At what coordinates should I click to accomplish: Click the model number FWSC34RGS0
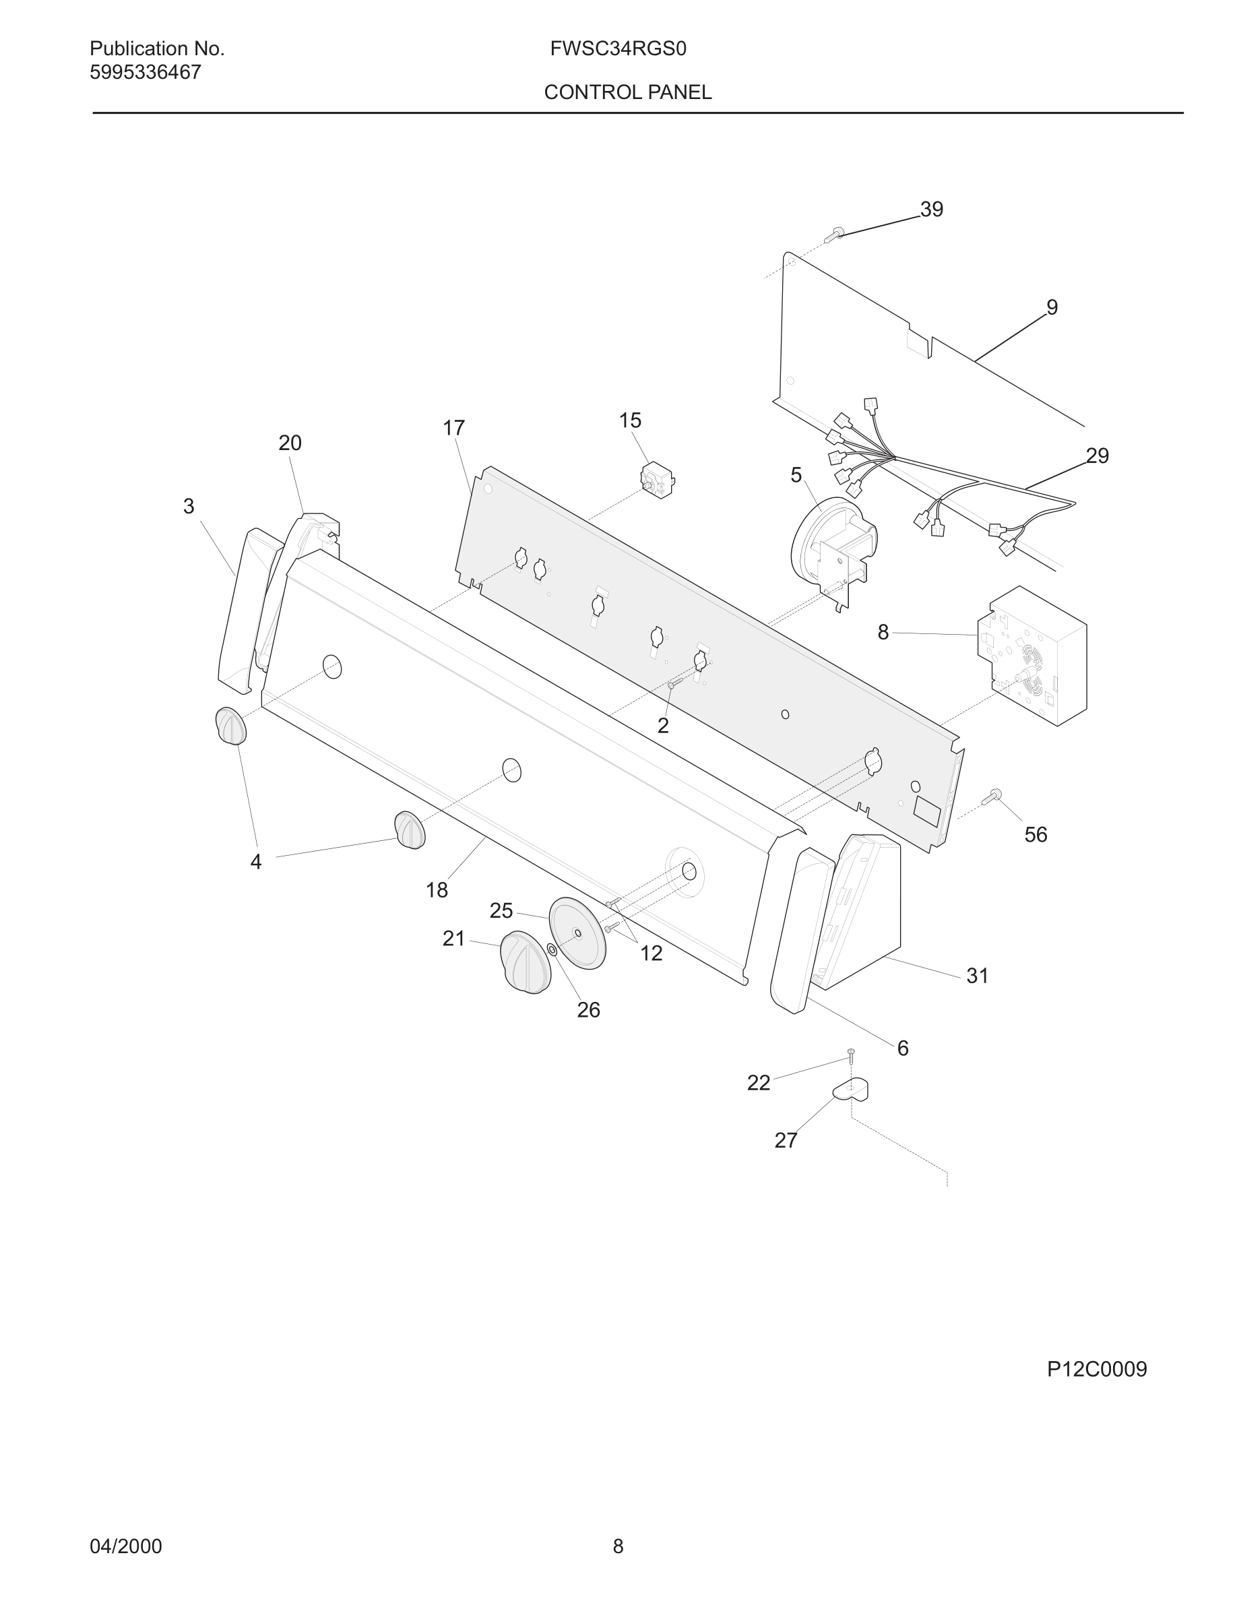click(x=618, y=49)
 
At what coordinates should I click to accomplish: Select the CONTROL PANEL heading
click(x=627, y=92)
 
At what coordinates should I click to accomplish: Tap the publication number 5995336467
click(x=145, y=73)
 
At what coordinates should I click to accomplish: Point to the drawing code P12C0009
click(x=1096, y=1369)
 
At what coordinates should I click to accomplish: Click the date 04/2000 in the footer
click(x=125, y=1546)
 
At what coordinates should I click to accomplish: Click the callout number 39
click(x=931, y=210)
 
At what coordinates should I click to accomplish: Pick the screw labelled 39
click(x=834, y=234)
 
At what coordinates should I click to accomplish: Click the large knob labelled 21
click(x=526, y=962)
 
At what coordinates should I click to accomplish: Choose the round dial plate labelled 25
click(x=577, y=933)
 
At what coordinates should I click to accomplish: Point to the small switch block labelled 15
click(x=657, y=480)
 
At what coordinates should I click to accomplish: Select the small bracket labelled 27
click(x=852, y=1090)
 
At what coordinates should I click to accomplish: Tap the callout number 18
click(x=437, y=890)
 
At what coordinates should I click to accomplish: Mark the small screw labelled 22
click(x=851, y=1056)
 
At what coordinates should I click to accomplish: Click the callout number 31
click(x=978, y=976)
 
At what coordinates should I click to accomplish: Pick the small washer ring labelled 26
click(x=552, y=949)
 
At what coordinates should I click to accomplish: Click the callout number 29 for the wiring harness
click(x=1097, y=456)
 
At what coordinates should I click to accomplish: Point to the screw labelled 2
click(x=674, y=684)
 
